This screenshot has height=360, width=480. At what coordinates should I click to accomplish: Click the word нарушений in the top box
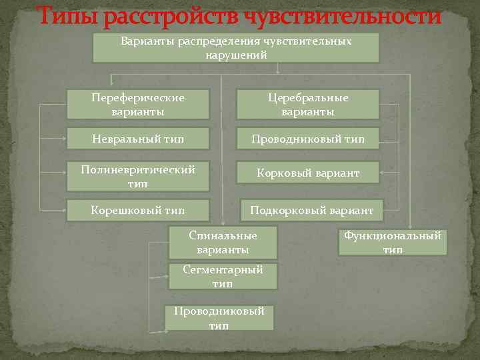coord(237,55)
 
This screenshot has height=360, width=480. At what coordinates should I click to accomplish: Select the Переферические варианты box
coord(138,105)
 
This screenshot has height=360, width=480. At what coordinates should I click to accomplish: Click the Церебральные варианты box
coord(308,105)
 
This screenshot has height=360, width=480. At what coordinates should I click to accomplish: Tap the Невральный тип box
coord(138,139)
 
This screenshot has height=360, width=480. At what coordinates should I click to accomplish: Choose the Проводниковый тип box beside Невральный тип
coord(308,139)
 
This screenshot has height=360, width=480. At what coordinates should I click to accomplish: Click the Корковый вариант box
coord(308,173)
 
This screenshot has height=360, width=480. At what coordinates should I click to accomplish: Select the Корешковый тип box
coord(138,211)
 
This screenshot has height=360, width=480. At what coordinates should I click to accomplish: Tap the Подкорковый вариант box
coord(311,211)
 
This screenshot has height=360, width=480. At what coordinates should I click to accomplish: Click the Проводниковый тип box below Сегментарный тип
coord(219,318)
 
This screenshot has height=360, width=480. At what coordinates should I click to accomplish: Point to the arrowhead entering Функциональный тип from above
coord(409,227)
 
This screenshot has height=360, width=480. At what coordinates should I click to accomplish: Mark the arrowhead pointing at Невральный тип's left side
coord(64,139)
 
